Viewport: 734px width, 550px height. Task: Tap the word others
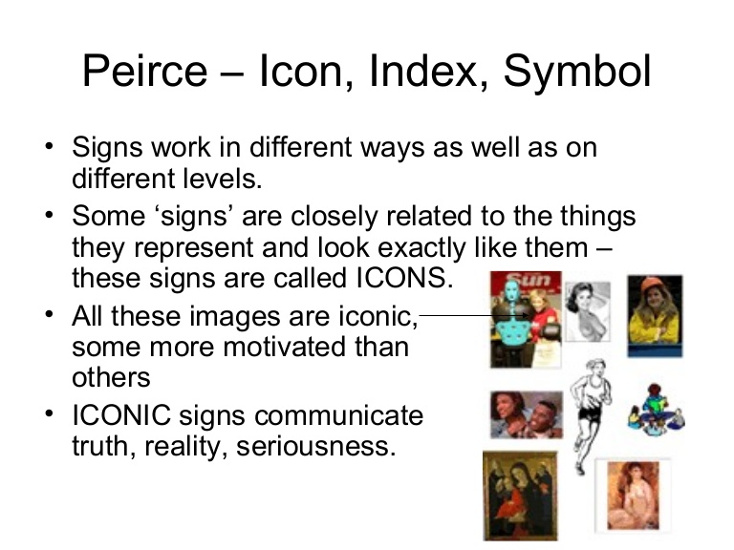click(111, 377)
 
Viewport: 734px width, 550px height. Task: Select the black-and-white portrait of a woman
click(586, 310)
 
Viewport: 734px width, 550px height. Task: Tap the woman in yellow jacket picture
click(655, 316)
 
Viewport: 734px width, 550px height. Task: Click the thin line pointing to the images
click(456, 312)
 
